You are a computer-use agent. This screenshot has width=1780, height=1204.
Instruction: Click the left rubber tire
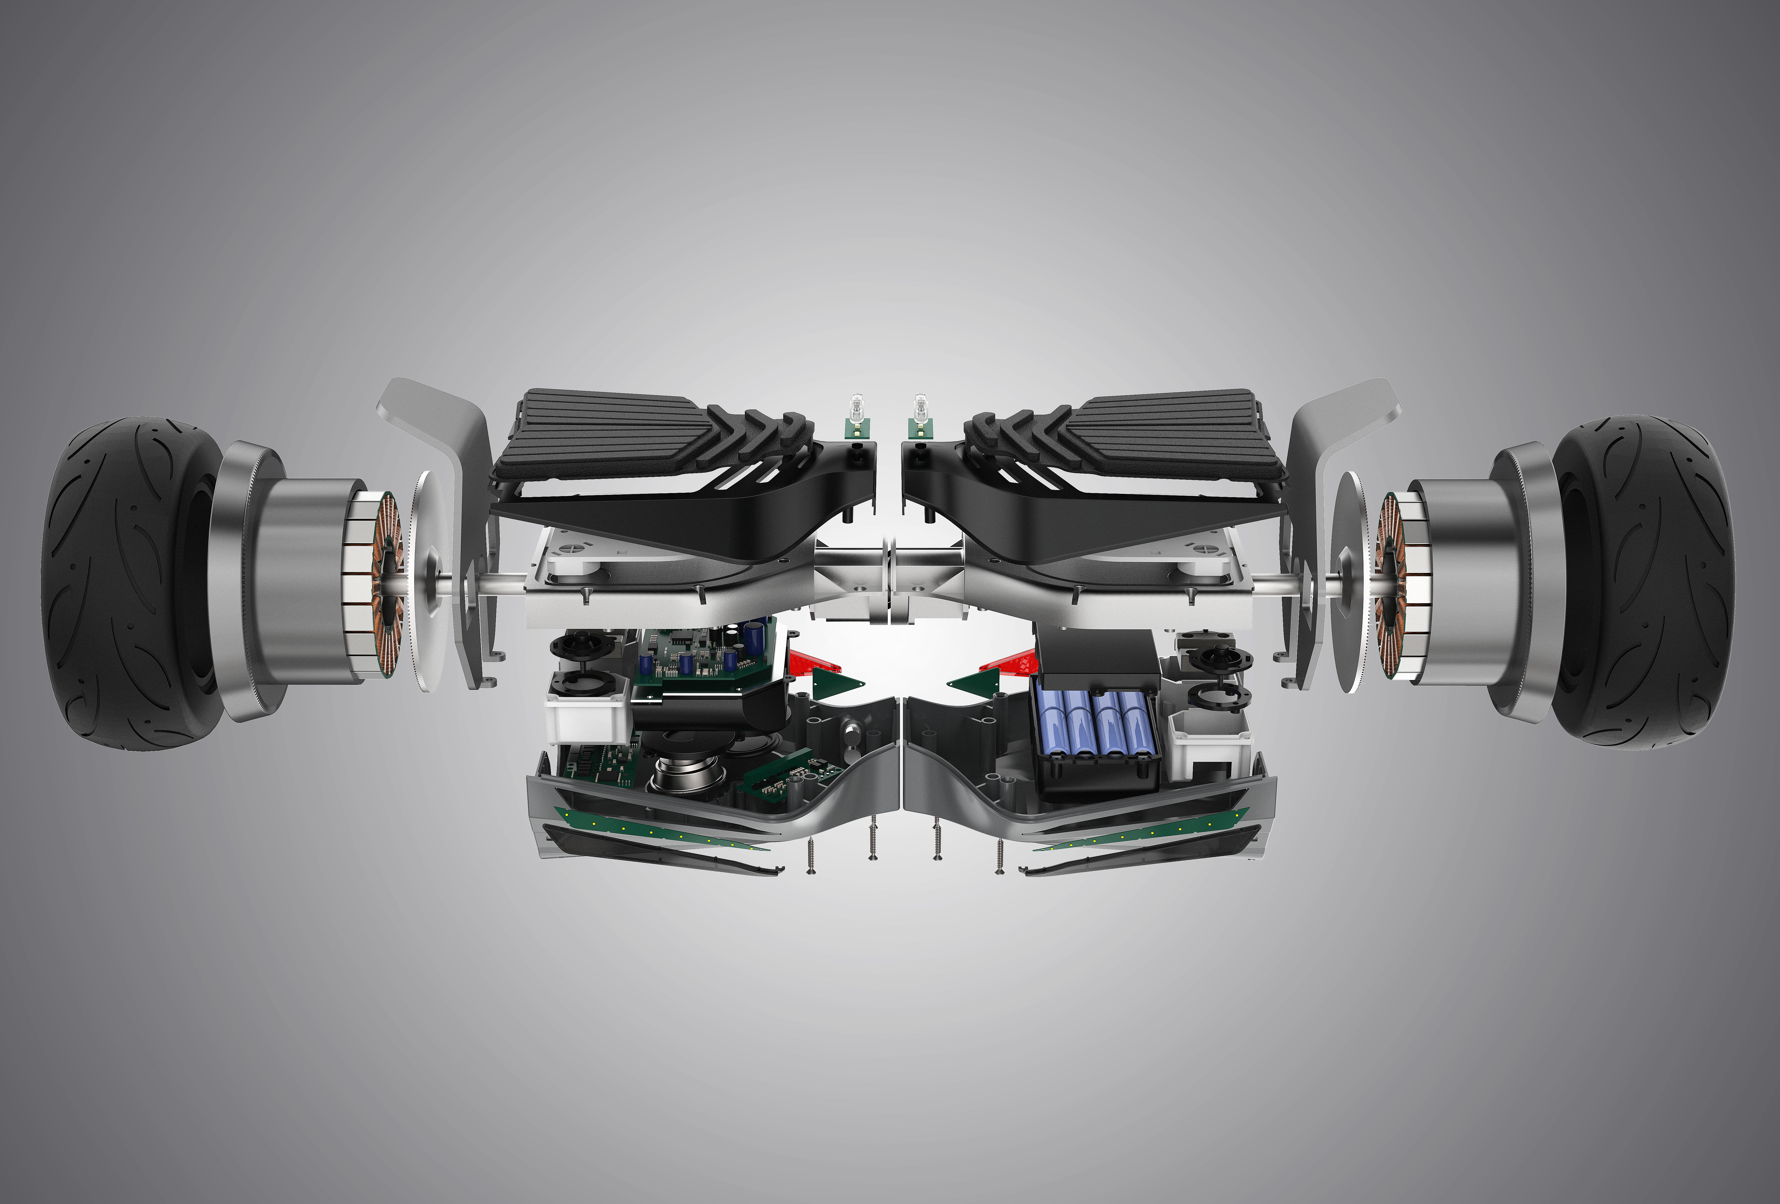pos(123,582)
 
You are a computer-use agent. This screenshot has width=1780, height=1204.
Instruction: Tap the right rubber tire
pos(1654,582)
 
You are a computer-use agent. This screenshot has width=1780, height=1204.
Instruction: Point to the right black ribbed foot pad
pos(1172,429)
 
